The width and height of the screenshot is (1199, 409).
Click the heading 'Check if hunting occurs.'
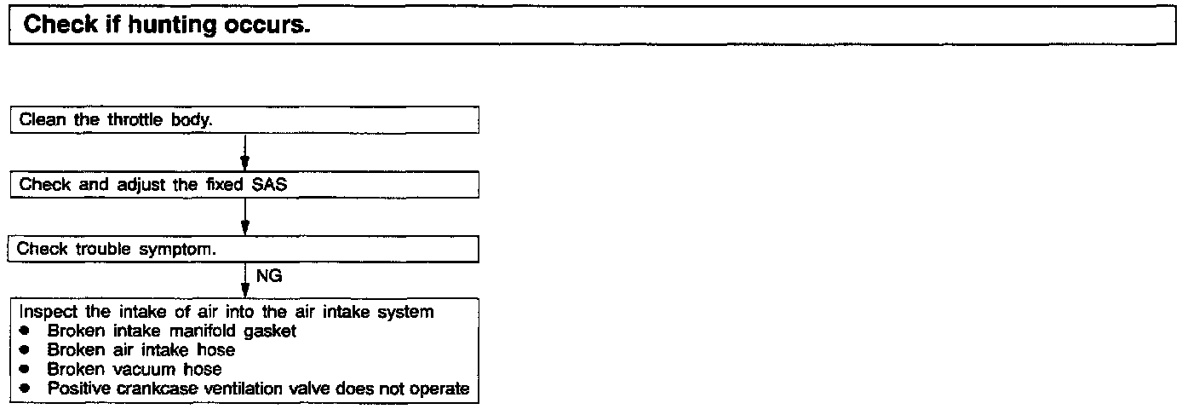click(x=166, y=25)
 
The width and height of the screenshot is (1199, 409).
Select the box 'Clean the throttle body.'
click(x=244, y=120)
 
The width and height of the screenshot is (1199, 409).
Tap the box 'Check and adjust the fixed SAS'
click(x=244, y=184)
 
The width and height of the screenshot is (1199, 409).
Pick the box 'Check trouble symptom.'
click(x=244, y=250)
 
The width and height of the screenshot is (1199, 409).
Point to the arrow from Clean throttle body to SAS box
click(x=244, y=153)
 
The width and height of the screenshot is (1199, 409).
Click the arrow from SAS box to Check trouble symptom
click(x=244, y=217)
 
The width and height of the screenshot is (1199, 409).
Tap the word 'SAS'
click(x=268, y=185)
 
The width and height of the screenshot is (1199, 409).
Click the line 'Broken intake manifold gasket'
click(x=171, y=331)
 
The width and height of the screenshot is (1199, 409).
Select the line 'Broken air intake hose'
click(x=141, y=349)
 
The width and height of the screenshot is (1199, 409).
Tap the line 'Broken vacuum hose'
click(x=134, y=369)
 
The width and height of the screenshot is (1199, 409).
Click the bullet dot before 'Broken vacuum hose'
click(x=25, y=370)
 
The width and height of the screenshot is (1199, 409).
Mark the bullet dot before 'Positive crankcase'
click(x=25, y=389)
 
